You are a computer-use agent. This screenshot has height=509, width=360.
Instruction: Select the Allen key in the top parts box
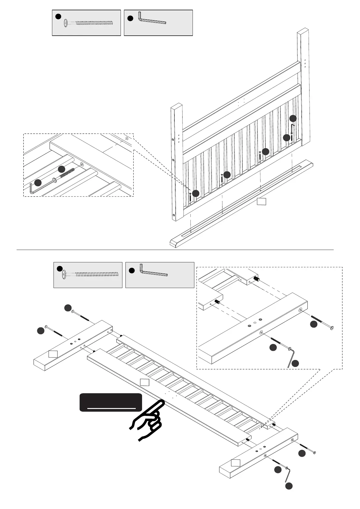pos(151,20)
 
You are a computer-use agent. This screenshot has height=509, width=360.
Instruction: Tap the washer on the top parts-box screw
pos(66,23)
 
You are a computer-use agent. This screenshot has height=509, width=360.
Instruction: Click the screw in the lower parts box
pos(94,274)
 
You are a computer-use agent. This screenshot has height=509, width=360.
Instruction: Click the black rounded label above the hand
pos(111,402)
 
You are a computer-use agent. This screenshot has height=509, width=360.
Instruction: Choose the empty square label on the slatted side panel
pos(145,382)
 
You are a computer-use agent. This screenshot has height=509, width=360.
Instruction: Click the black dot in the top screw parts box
pos(58,16)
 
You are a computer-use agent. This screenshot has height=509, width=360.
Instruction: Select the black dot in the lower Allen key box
pos(131,271)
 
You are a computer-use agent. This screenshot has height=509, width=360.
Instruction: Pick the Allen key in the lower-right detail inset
pos(291,358)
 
